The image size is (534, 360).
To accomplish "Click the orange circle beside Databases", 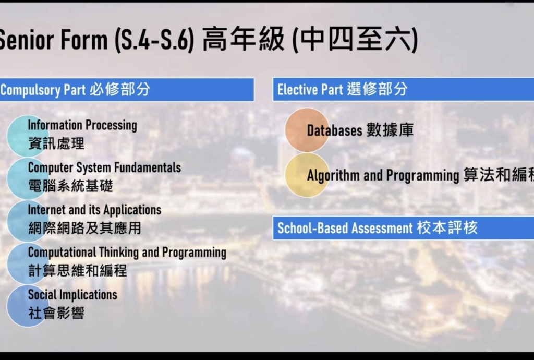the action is point(307,130).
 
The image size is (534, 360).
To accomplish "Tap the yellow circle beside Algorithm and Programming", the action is point(307,175).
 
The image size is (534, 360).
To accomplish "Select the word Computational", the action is point(62,253).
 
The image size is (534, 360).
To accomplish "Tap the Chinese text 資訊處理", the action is point(56,143).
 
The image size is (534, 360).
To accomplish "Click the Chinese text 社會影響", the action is point(56,313).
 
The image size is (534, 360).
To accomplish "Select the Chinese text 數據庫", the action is point(390,130).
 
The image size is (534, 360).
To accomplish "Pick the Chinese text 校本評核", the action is point(447,227).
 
